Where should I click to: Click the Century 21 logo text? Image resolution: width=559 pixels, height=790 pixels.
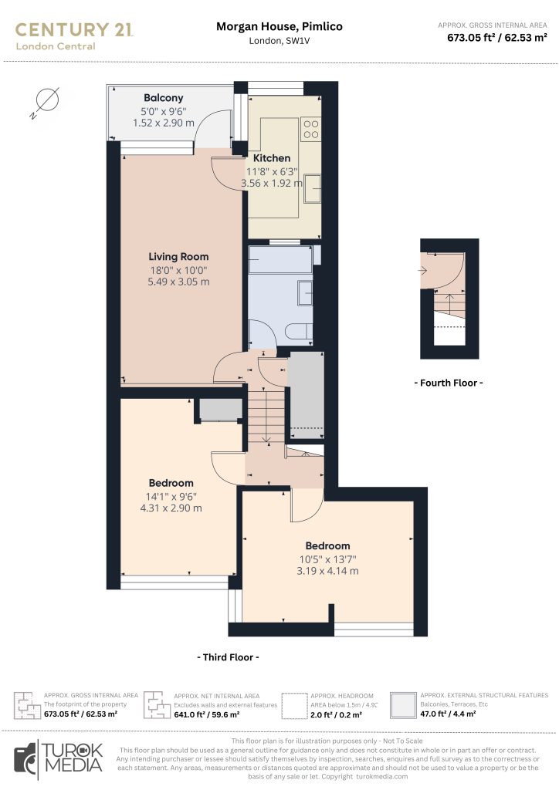[x=74, y=30]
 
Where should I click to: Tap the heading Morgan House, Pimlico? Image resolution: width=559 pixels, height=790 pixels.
[x=279, y=27]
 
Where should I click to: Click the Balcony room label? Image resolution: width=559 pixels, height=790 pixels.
[x=164, y=98]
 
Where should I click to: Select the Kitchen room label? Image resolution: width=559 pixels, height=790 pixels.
[x=272, y=158]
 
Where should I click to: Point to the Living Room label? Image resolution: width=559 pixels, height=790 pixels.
[x=178, y=256]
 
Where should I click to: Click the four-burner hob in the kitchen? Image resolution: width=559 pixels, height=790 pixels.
[x=311, y=129]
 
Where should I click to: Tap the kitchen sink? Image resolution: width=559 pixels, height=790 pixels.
[x=313, y=188]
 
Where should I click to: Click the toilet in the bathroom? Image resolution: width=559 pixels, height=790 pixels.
[x=300, y=332]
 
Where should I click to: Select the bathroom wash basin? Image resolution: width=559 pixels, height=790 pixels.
[x=305, y=293]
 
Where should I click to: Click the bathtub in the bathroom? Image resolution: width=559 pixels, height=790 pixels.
[x=281, y=260]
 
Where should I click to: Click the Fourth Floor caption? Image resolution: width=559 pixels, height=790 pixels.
[x=449, y=383]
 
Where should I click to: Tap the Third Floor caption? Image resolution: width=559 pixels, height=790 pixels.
[x=228, y=657]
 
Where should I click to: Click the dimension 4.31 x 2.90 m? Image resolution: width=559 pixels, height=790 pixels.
[x=171, y=508]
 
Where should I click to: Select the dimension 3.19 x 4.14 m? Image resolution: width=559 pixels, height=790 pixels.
[x=327, y=572]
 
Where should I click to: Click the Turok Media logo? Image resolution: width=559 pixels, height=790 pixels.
[x=59, y=758]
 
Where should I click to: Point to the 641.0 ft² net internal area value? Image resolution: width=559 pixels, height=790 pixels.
[x=207, y=714]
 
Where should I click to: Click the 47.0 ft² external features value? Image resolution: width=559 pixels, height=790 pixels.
[x=448, y=714]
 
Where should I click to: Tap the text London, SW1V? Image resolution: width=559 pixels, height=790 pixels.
[x=279, y=41]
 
